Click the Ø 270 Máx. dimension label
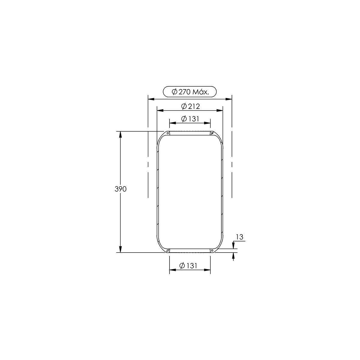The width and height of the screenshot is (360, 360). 190,92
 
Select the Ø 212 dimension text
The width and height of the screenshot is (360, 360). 190,106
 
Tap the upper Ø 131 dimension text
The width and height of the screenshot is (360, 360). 190,118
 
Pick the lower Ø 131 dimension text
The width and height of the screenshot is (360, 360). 188,265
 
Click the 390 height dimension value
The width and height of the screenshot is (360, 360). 121,189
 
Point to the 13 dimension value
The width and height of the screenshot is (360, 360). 239,237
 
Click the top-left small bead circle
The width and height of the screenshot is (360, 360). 168,133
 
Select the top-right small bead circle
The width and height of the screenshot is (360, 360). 212,133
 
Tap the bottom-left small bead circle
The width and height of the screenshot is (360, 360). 168,250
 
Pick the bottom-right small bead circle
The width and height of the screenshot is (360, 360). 212,250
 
